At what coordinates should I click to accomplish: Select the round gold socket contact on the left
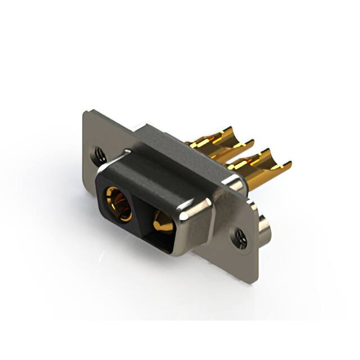click(x=118, y=203)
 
